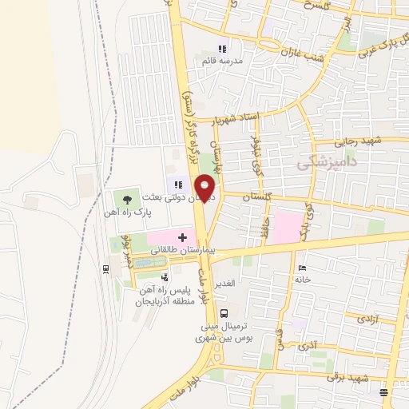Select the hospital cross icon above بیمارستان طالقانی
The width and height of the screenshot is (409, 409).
[x=182, y=237]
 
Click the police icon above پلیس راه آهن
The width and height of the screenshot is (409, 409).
[x=165, y=276]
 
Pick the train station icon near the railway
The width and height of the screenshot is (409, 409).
[x=105, y=269]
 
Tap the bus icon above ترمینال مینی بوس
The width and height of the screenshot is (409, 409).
[x=225, y=313]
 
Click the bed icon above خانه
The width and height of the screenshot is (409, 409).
[x=300, y=268]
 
